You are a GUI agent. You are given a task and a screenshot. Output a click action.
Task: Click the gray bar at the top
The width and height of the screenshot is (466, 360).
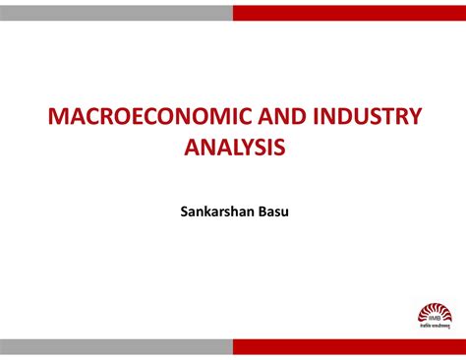pos(116,12)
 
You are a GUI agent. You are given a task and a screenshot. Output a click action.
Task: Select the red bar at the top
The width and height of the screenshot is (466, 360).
pos(349,12)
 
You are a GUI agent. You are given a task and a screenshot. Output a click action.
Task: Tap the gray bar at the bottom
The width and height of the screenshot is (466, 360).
pos(116,347)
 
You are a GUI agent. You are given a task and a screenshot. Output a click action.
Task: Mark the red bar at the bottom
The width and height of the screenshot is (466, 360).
pos(349,347)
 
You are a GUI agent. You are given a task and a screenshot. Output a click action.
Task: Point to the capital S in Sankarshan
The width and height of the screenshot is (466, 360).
pos(184,209)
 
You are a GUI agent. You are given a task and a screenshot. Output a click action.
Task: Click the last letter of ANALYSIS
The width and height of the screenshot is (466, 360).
pos(280,148)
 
